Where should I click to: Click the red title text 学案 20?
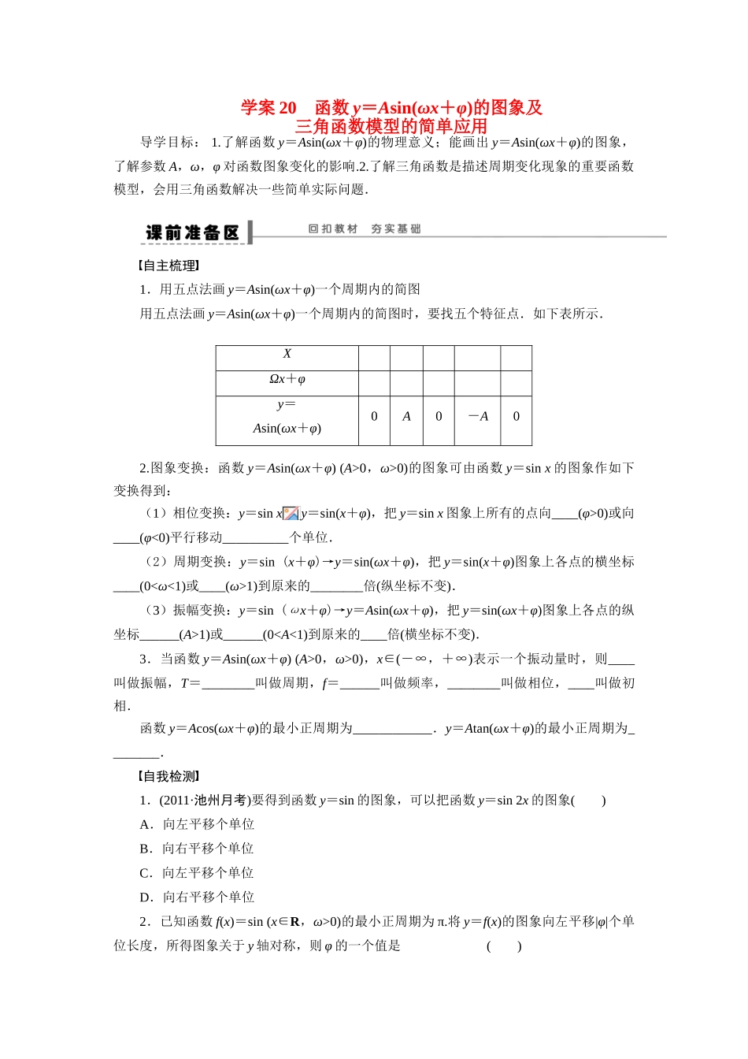point(268,108)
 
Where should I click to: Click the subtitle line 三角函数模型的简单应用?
point(391,126)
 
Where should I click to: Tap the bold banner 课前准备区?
point(192,232)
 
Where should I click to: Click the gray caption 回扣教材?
point(333,229)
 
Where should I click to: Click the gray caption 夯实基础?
point(396,229)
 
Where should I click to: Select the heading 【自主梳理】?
point(168,266)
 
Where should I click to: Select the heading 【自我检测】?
point(168,776)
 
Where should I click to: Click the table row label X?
point(287,354)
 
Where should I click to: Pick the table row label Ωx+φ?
point(287,379)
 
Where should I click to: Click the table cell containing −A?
point(478,416)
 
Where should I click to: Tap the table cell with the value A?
point(406,416)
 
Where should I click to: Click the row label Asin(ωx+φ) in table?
point(287,429)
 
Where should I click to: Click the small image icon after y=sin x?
point(291,514)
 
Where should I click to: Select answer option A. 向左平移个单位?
point(197,824)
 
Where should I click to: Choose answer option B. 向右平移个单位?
point(197,849)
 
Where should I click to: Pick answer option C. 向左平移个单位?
point(197,873)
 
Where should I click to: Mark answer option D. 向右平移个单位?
point(197,897)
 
